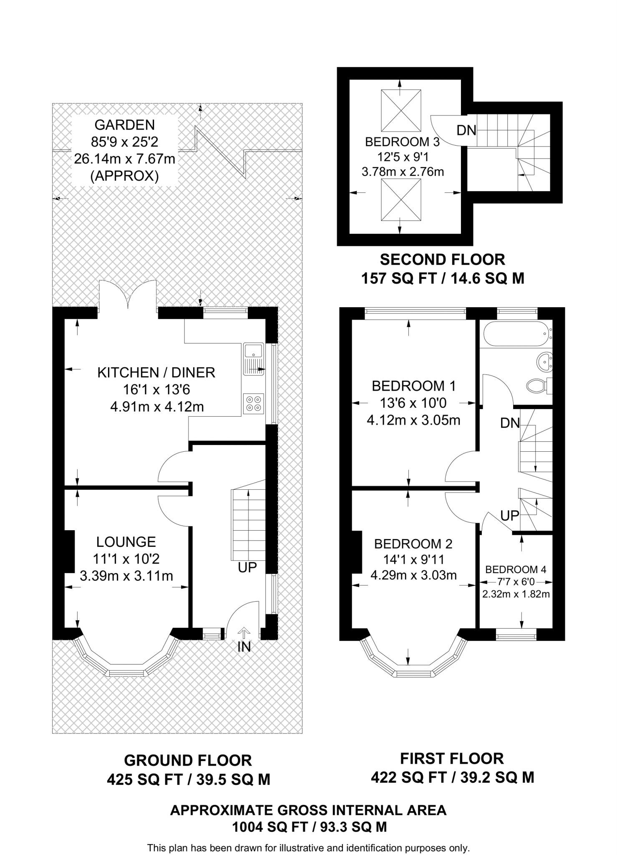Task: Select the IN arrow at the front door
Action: click(244, 633)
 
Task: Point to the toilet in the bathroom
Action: click(540, 385)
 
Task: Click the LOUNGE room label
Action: click(126, 542)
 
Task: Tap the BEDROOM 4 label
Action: click(516, 569)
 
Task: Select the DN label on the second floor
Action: click(466, 131)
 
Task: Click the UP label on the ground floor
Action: click(247, 568)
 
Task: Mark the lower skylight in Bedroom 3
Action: click(401, 200)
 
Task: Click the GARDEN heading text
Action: click(124, 125)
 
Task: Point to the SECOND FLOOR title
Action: click(442, 260)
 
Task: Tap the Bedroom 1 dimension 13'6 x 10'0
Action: click(413, 403)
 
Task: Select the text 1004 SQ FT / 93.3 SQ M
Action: click(309, 827)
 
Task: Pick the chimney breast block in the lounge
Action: click(69, 551)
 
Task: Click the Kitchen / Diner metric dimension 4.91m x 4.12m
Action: click(157, 407)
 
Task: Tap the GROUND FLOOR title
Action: click(188, 761)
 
